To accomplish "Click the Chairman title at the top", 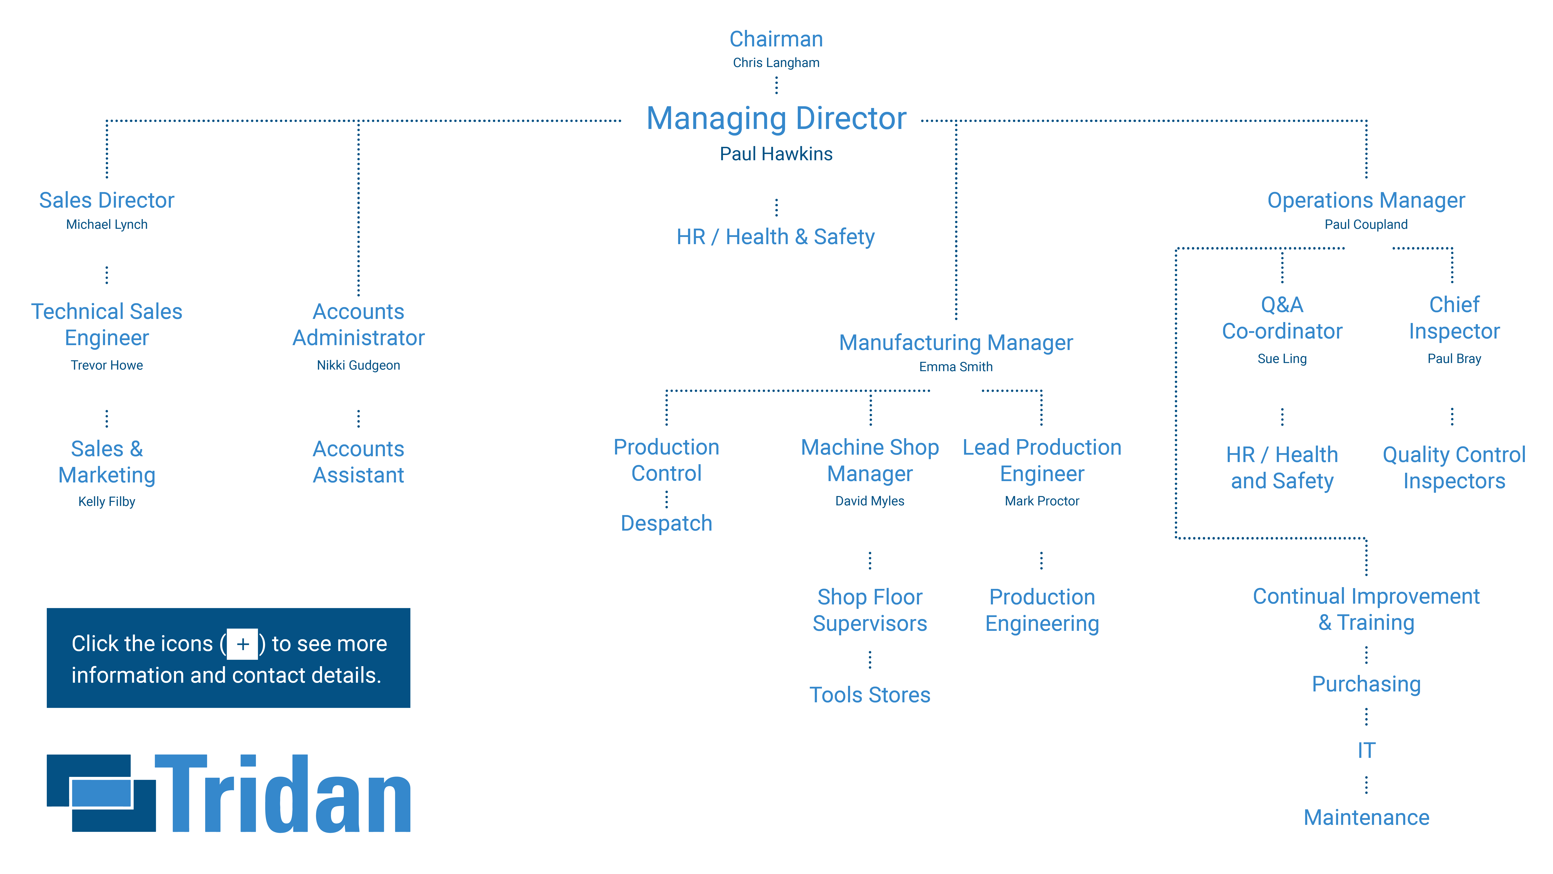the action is [x=776, y=39].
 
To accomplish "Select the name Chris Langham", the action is [x=776, y=63].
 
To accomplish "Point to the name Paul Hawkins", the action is [x=776, y=154].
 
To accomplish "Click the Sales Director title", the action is [x=107, y=200].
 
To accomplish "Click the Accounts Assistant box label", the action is [x=358, y=462].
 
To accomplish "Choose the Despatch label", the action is [x=666, y=524].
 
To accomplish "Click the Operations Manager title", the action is [x=1366, y=200].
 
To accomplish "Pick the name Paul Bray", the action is [x=1454, y=359].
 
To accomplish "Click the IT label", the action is [x=1366, y=750].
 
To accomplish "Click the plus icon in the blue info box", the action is [x=242, y=644].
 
